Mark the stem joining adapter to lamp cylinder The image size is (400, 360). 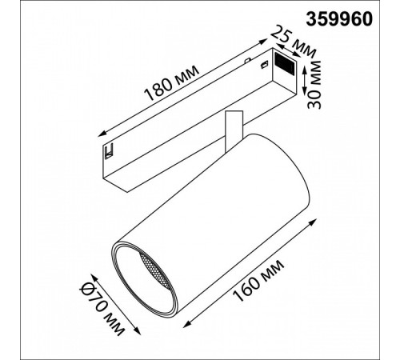pyautogui.click(x=233, y=128)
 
